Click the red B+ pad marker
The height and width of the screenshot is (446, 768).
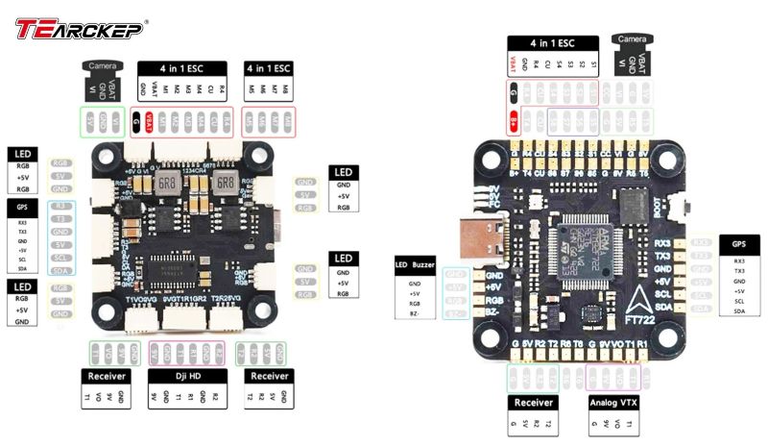pyautogui.click(x=515, y=123)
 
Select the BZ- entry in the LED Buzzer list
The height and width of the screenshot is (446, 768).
pyautogui.click(x=415, y=313)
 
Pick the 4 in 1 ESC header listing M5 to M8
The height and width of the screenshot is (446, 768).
pyautogui.click(x=269, y=68)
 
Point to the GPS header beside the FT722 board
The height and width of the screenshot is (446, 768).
pyautogui.click(x=738, y=244)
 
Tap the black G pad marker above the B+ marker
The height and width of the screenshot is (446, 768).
pyautogui.click(x=515, y=93)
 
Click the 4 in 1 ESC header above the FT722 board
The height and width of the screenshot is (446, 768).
pyautogui.click(x=555, y=43)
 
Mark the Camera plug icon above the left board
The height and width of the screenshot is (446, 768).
pyautogui.click(x=103, y=76)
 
